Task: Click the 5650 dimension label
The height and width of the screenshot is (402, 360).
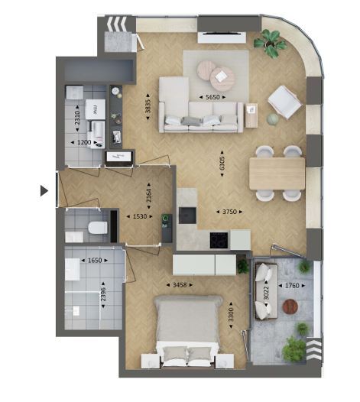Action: coord(212,97)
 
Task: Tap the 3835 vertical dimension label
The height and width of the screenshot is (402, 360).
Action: coord(148,106)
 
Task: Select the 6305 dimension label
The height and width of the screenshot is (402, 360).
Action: coord(222,164)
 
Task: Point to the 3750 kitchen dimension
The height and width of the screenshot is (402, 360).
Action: coord(229,212)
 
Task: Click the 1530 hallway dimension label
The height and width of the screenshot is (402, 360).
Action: coord(140,216)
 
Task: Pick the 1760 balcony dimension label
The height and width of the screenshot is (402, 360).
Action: coord(292,285)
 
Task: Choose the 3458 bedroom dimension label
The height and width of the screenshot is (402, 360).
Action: coord(180,285)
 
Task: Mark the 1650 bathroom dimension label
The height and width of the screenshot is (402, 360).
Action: coord(95,260)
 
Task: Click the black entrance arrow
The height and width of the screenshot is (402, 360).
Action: coord(44,191)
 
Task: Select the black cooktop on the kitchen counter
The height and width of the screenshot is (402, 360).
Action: coord(219,240)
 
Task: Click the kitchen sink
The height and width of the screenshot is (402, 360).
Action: coord(187,215)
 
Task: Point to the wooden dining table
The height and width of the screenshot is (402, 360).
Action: coord(277,173)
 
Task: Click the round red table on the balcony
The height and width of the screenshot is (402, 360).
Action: coord(290,306)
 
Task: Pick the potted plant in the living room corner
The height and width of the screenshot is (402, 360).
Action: coord(270,43)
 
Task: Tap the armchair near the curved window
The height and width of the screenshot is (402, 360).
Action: coord(284,102)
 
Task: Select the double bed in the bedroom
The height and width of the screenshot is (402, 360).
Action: coord(188,331)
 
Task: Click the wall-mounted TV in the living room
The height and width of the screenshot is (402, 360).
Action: coord(222,33)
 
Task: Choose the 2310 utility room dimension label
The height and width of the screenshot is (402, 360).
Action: coord(77,118)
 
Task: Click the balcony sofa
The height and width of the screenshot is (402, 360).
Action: coord(266,291)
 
